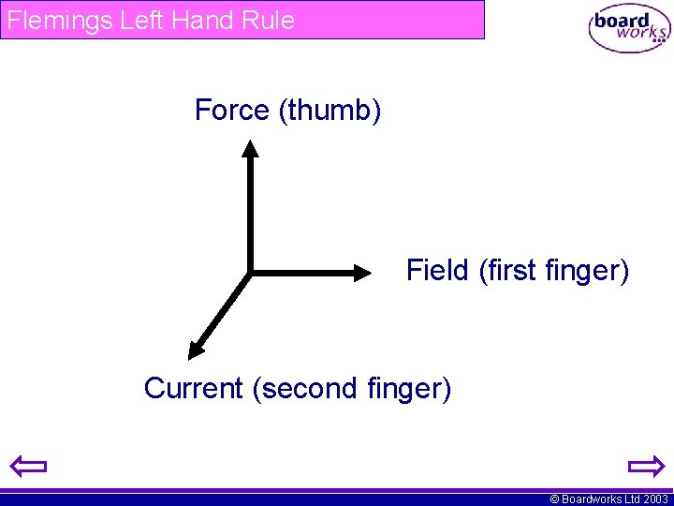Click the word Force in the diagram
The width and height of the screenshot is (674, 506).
pyautogui.click(x=232, y=111)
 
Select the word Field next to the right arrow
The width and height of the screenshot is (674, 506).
pyautogui.click(x=437, y=271)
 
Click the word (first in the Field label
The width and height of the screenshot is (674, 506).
pyautogui.click(x=507, y=271)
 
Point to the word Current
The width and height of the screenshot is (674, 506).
pyautogui.click(x=194, y=388)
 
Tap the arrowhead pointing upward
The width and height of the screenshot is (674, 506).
pyautogui.click(x=249, y=147)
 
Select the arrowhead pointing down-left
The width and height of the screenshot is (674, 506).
pyautogui.click(x=196, y=350)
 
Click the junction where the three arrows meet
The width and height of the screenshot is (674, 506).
pyautogui.click(x=250, y=273)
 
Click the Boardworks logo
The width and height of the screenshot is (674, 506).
pyautogui.click(x=629, y=30)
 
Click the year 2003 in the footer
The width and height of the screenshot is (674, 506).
pyautogui.click(x=655, y=499)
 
